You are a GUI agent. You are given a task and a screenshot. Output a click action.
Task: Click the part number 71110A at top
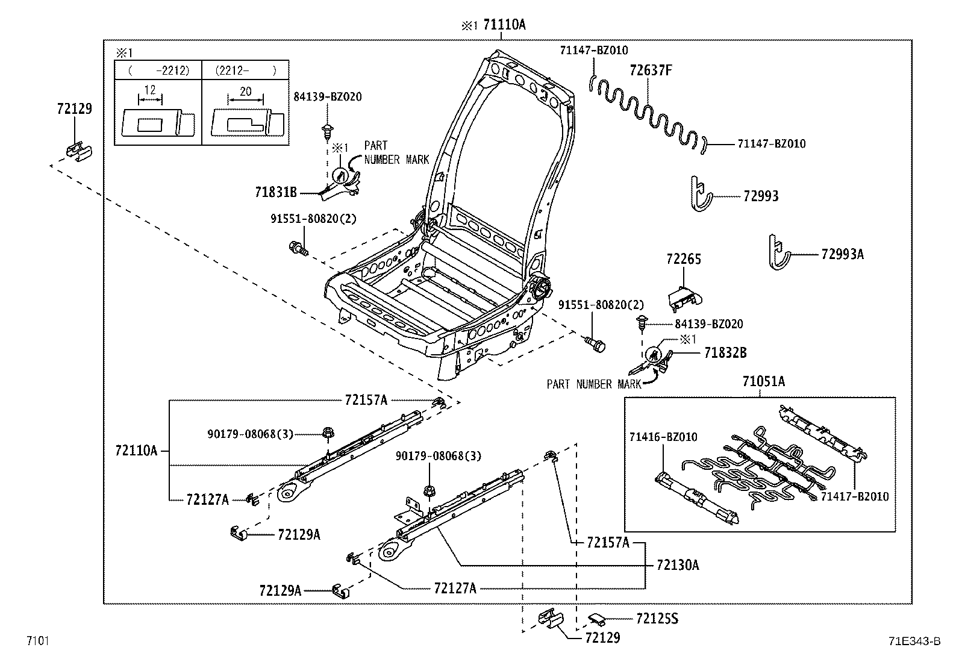pos(504,25)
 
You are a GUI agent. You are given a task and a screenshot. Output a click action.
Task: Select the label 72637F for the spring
pos(650,70)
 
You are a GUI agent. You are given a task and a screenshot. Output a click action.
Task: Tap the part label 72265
pos(684,259)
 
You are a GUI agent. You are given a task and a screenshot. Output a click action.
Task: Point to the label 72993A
pos(842,254)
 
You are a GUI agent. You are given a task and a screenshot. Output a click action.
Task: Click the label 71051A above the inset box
pos(763,381)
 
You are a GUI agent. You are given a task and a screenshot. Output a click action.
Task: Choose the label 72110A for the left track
pos(136,450)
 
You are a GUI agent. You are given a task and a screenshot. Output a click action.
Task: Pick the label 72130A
pos(678,565)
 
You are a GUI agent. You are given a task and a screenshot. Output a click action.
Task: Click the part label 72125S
pos(657,619)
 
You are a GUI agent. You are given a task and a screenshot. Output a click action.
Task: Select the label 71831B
pos(276,192)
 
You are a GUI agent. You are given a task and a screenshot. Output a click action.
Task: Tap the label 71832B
pos(725,353)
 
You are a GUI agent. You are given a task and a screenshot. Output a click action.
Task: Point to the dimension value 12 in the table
pos(150,90)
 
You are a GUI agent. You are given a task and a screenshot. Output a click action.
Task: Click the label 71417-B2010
pos(854,496)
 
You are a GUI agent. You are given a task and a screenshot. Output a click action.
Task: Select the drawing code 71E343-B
pos(913,641)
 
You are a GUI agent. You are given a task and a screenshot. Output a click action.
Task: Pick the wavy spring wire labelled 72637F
pos(648,111)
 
